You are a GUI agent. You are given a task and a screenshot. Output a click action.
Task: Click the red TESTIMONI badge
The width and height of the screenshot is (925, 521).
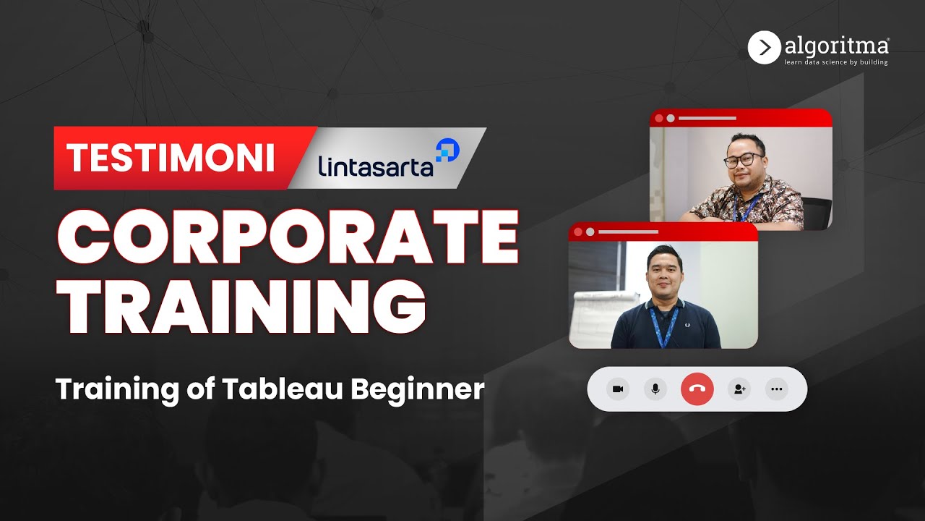coord(171,158)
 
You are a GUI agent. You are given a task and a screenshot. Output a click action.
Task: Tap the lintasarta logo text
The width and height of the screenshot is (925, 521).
coord(375,165)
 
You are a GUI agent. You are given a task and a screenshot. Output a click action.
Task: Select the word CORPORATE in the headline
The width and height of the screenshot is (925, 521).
coord(288,238)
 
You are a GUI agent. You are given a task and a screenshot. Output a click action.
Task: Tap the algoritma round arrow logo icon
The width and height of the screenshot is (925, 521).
coord(764,48)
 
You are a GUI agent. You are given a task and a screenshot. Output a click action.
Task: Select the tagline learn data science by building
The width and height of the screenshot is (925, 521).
coord(836,62)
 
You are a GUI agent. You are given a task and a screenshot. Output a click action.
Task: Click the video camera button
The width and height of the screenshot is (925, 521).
coord(618,389)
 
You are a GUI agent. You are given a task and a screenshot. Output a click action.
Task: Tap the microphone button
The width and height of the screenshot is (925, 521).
coord(655,389)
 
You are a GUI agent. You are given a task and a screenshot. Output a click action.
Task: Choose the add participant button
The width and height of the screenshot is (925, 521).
coord(739,389)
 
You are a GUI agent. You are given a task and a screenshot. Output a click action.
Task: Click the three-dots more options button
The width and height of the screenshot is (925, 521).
coord(777,389)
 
